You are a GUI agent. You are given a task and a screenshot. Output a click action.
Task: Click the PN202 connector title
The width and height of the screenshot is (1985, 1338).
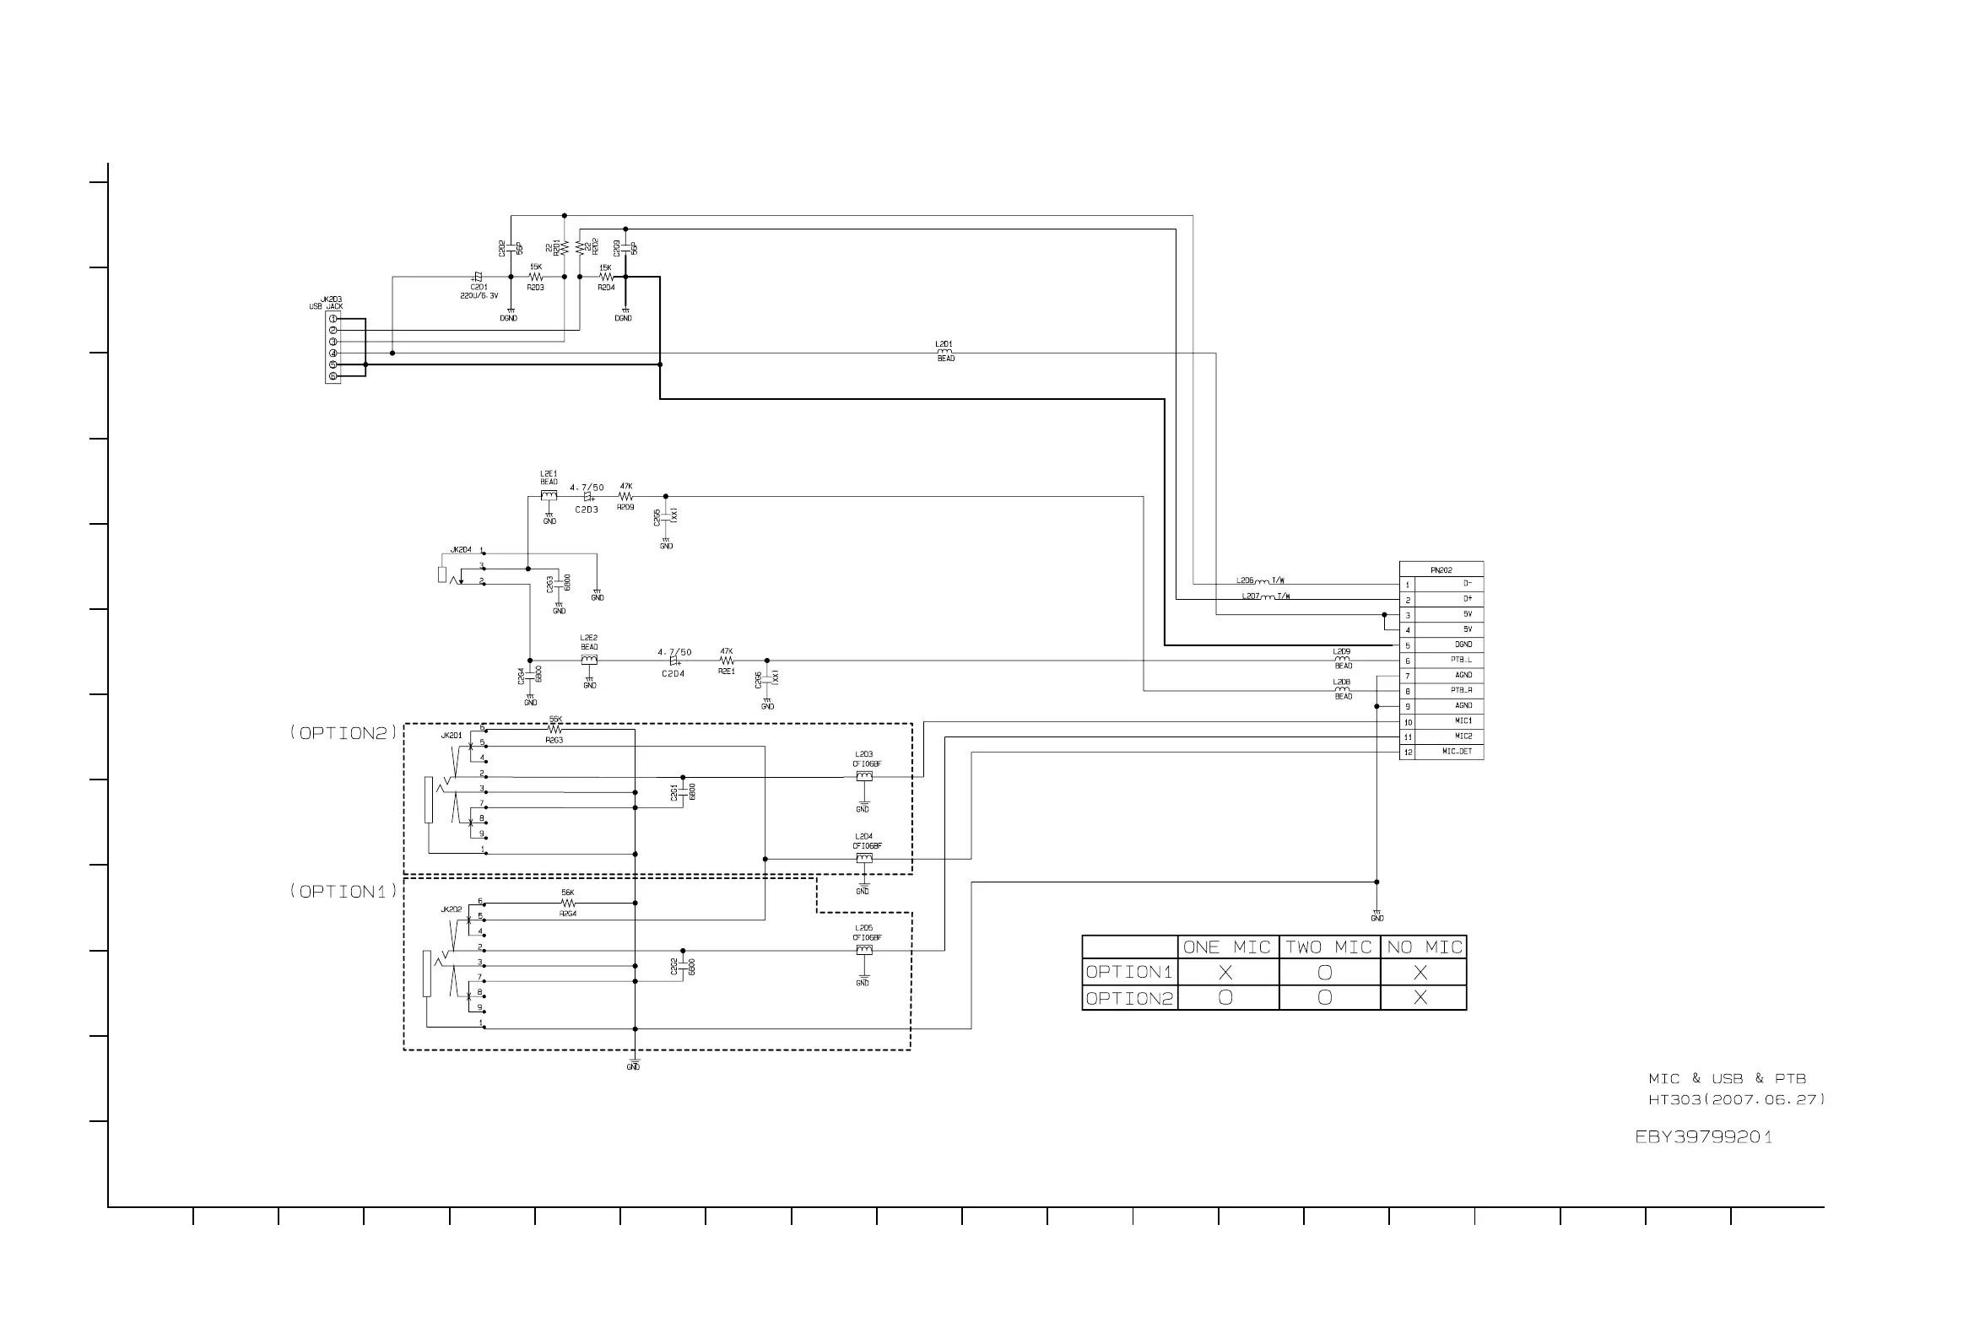coord(1441,570)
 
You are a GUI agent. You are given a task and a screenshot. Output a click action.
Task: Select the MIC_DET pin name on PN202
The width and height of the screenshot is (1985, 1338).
coord(1457,752)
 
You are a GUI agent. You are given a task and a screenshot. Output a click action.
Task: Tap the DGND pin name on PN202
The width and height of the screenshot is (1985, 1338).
coord(1463,645)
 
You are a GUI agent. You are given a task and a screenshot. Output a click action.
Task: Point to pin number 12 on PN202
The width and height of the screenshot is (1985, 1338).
coord(1408,753)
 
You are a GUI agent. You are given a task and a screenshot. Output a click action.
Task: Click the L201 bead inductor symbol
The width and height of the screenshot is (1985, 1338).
coord(944,352)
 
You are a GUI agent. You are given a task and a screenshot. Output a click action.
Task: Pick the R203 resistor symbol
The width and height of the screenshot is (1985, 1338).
coord(535,278)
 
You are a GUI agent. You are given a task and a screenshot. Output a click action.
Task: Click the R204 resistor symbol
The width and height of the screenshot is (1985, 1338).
coord(606,278)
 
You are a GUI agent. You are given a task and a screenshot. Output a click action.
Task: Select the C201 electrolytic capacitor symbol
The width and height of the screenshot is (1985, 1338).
coord(477,277)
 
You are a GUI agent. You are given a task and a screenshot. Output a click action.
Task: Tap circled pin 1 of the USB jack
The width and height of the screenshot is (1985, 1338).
coord(333,319)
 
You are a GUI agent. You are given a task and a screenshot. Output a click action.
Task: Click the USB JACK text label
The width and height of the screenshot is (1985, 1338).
coord(326,306)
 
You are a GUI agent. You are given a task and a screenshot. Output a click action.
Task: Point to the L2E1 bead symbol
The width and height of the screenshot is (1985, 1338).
coord(549,495)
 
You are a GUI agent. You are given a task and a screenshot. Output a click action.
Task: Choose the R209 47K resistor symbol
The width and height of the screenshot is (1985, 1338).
coord(625,497)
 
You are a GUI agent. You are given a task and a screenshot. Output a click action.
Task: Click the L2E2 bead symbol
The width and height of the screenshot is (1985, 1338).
coord(589,660)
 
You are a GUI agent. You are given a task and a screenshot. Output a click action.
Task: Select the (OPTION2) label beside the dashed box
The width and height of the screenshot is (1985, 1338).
coord(343,733)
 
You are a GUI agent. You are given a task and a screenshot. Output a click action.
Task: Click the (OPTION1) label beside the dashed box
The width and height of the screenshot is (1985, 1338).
coord(343,892)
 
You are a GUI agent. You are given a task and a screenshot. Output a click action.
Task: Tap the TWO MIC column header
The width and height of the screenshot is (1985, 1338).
coord(1328,947)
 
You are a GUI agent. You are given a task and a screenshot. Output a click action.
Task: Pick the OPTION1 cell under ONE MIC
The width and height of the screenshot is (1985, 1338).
coord(1225,973)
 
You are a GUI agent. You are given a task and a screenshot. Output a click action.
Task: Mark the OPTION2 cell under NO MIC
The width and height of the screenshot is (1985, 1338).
coord(1420,997)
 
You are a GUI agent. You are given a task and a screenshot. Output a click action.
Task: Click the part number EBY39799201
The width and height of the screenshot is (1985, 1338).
coord(1703,1137)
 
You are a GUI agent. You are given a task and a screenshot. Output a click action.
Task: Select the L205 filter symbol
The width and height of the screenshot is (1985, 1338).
coord(863,950)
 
